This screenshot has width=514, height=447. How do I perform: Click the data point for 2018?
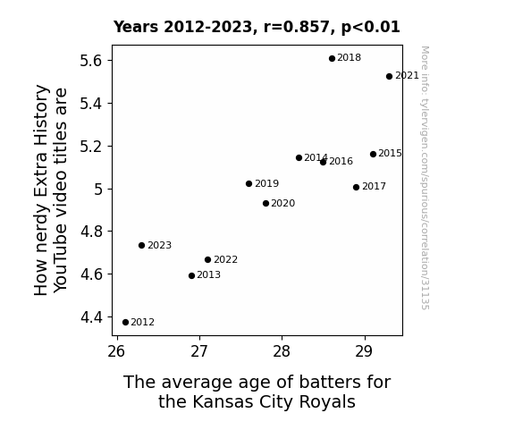click(332, 58)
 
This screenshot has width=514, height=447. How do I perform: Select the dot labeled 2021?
click(389, 76)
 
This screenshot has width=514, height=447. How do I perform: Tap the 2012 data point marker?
click(125, 323)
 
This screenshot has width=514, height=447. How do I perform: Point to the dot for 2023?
click(141, 245)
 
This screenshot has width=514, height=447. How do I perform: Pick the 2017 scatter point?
click(357, 187)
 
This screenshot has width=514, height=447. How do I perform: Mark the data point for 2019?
click(249, 183)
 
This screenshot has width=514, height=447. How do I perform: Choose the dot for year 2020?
click(265, 203)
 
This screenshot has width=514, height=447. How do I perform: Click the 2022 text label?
click(225, 260)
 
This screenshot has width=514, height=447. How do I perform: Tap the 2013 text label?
click(209, 274)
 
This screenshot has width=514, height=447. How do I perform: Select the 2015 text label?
click(390, 154)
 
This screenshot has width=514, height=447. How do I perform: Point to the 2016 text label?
click(341, 161)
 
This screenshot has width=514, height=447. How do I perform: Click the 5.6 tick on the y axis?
click(91, 61)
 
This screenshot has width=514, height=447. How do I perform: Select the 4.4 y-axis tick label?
click(91, 317)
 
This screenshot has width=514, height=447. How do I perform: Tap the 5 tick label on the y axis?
click(98, 190)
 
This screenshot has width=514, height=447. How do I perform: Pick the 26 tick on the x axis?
click(116, 351)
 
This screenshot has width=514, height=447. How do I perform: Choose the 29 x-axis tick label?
click(364, 351)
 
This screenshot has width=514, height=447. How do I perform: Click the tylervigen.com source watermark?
click(425, 178)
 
